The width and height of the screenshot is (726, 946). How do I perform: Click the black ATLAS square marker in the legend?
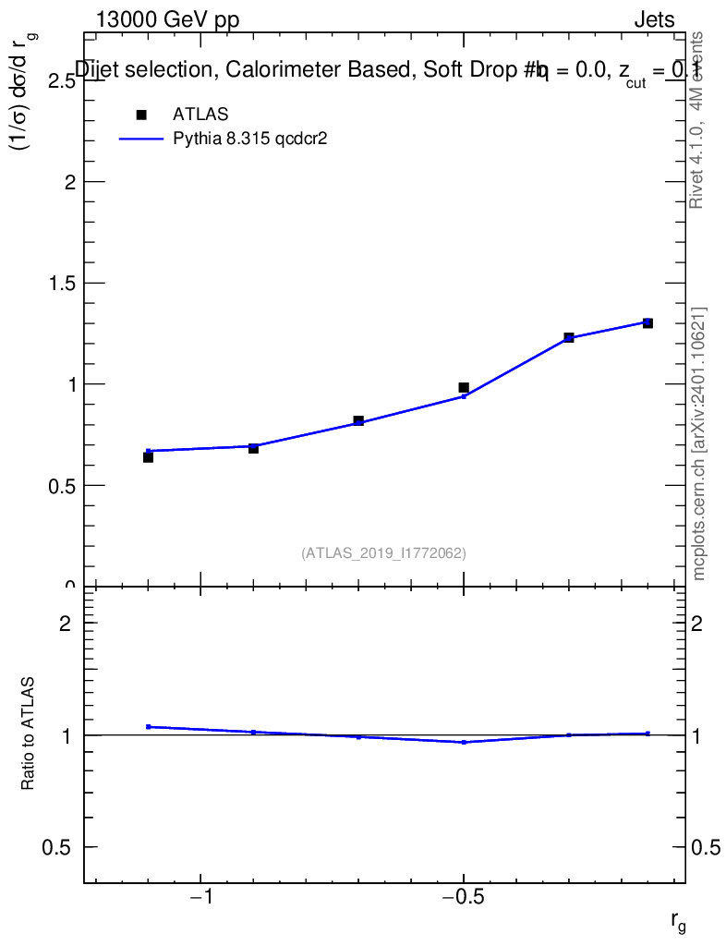pos(141,115)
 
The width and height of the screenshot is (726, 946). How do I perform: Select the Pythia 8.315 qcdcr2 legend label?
pos(251,139)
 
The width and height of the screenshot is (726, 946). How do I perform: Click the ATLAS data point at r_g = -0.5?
pos(464,388)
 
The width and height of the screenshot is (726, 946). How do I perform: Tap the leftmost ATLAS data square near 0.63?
pos(148,457)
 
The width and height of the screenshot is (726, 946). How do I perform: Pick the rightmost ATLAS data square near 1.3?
pos(647,322)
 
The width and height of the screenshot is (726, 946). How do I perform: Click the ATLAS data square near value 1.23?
pos(569,338)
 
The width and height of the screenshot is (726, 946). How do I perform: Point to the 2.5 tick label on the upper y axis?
pos(55,81)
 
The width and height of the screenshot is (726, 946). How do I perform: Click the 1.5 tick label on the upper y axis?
pos(55,283)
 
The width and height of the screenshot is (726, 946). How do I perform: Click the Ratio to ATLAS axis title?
pos(29,733)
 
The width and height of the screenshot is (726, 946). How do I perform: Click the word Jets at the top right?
pos(654,20)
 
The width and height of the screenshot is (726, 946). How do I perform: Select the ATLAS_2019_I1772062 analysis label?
pos(383,553)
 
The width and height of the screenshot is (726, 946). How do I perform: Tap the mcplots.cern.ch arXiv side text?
pos(699,443)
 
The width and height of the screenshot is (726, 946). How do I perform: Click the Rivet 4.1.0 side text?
pos(698,120)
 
